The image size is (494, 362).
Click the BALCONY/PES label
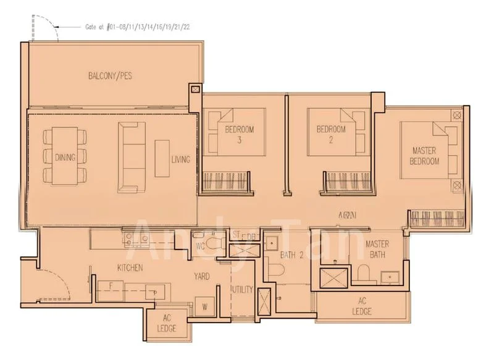point(110,77)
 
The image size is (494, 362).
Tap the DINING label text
point(65,157)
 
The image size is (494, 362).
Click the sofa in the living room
point(129,156)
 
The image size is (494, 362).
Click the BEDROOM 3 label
point(239,134)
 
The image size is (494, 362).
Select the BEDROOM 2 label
point(331,134)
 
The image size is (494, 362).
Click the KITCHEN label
point(130,267)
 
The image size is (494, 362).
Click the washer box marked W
point(204,305)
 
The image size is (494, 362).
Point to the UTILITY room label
point(242,289)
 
